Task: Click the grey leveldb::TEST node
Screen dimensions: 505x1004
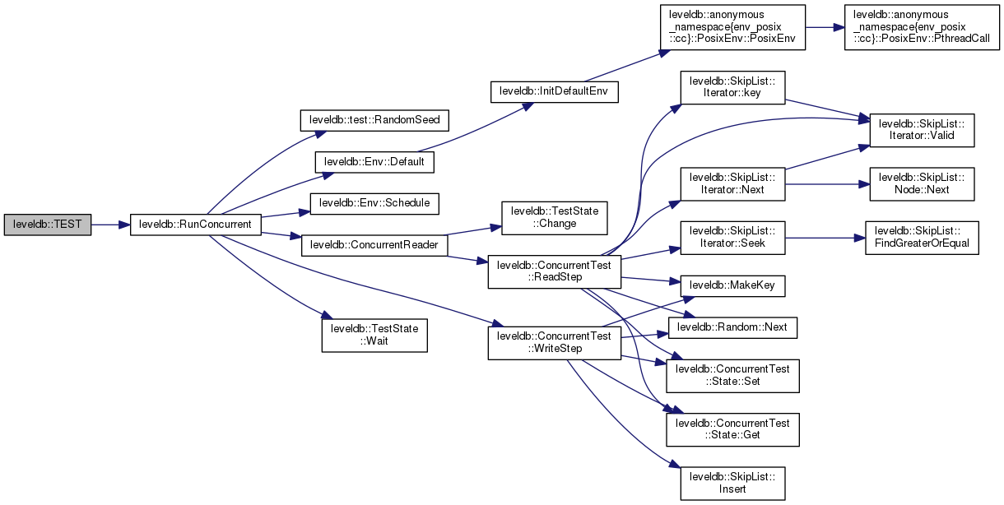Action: tap(47, 224)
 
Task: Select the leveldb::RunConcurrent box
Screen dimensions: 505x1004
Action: tap(195, 224)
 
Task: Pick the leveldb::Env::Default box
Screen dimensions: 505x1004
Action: tap(374, 162)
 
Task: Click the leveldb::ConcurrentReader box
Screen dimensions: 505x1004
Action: tap(374, 245)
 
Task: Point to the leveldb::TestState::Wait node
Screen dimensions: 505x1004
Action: tap(374, 335)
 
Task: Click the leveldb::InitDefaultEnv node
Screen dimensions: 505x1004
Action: tap(553, 91)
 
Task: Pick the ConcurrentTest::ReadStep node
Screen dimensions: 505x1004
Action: tap(553, 271)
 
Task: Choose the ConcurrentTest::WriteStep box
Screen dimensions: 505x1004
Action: tap(553, 342)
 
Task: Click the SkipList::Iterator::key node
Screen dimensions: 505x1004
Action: tap(732, 89)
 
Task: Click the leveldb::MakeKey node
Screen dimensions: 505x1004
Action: tap(732, 285)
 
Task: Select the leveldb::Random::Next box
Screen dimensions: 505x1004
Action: tap(732, 327)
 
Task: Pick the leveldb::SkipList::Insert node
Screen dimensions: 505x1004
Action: tap(732, 483)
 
